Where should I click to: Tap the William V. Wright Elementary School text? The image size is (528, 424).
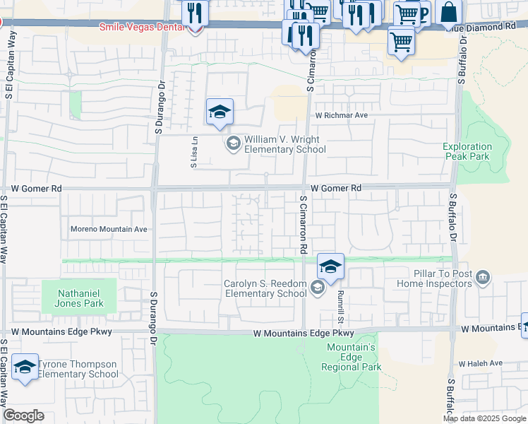[x=284, y=144]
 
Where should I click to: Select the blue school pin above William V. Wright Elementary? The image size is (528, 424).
[x=220, y=112]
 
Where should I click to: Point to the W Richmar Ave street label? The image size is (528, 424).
[x=342, y=114]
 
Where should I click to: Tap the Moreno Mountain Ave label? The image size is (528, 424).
[x=109, y=229]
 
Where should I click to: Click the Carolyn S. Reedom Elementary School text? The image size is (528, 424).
[x=265, y=288]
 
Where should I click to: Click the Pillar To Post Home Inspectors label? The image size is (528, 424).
[x=443, y=278]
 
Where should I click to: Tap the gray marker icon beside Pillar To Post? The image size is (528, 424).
[x=483, y=277]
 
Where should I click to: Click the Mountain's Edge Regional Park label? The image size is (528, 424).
[x=351, y=357]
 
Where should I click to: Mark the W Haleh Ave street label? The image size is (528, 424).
[x=480, y=363]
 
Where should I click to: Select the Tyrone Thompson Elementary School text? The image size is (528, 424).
[x=78, y=370]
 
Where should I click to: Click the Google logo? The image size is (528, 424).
[x=23, y=416]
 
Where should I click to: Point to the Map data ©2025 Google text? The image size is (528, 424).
[x=484, y=418]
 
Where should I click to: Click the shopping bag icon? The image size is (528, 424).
[x=448, y=12]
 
